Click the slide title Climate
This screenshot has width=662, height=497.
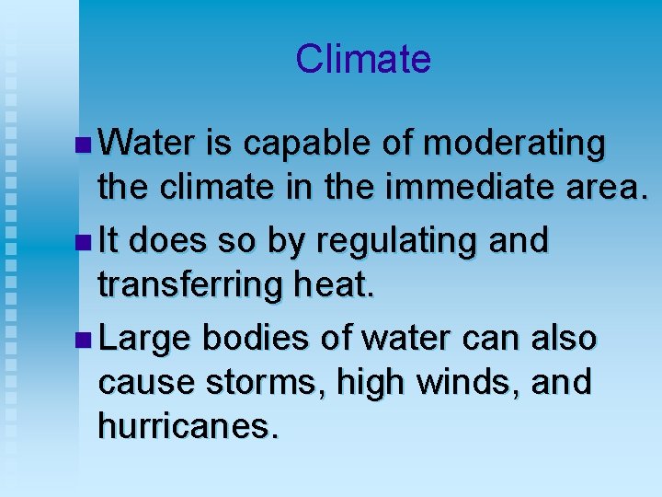coord(363,60)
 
